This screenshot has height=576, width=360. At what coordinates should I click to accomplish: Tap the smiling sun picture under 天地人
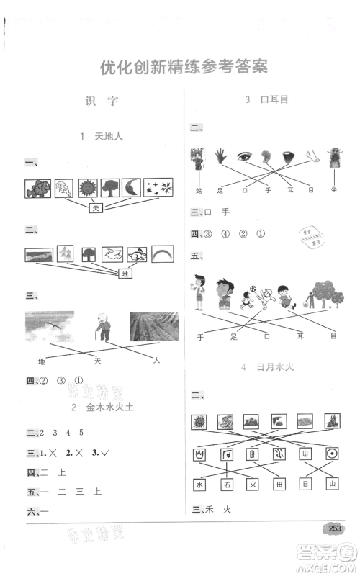tap(87, 188)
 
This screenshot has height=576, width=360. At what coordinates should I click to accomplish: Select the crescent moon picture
tap(132, 188)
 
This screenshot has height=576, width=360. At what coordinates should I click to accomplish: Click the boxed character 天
tap(96, 208)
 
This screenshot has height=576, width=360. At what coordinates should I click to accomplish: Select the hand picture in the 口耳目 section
tap(220, 156)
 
